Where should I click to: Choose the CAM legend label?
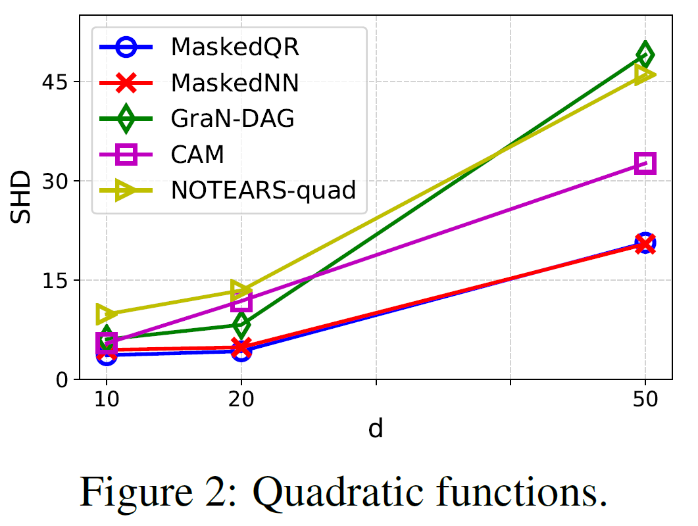click(197, 155)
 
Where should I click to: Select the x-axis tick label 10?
click(107, 400)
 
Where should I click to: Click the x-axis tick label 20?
click(241, 400)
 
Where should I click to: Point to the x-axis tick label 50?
click(645, 400)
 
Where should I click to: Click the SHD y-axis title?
click(24, 197)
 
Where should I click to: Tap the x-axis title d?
click(376, 429)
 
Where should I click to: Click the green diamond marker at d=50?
click(645, 55)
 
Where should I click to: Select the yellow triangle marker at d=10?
click(105, 314)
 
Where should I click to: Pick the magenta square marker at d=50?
click(645, 163)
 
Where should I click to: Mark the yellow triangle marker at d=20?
click(241, 290)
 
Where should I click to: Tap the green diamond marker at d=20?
click(241, 325)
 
